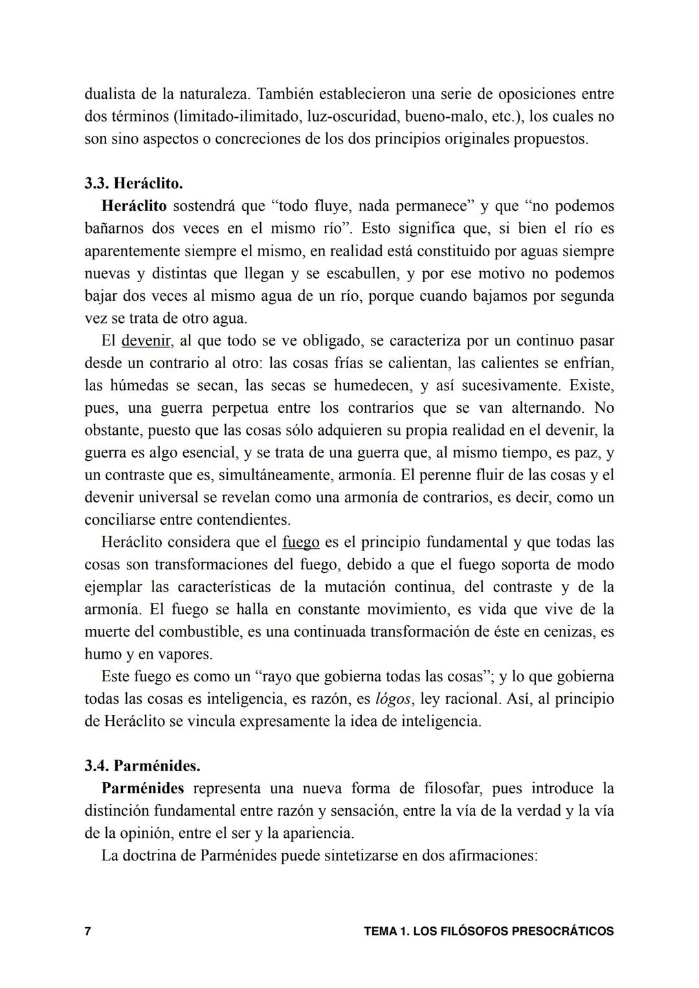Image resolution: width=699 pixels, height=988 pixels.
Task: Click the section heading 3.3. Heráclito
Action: [133, 184]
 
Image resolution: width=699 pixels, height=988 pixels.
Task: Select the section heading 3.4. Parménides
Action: [142, 766]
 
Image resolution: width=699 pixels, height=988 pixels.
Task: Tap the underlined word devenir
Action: [146, 340]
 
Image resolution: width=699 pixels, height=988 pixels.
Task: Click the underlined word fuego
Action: [301, 542]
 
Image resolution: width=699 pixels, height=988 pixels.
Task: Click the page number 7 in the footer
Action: [88, 932]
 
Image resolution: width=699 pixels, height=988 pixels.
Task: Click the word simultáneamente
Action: [274, 475]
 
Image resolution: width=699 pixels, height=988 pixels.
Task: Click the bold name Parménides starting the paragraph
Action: [142, 789]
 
